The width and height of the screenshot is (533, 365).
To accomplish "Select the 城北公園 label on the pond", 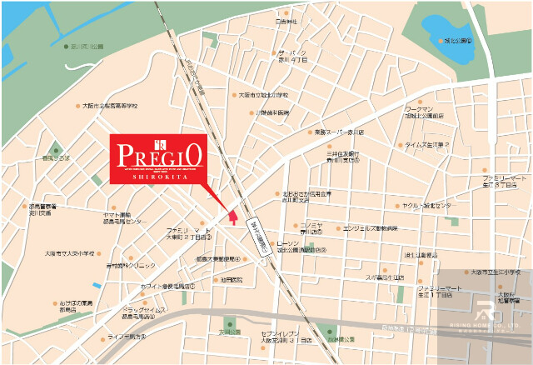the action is tap(457, 39).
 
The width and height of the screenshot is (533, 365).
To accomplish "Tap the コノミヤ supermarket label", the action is tap(311, 227).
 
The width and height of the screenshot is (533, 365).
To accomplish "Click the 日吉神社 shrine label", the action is tap(286, 22).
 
